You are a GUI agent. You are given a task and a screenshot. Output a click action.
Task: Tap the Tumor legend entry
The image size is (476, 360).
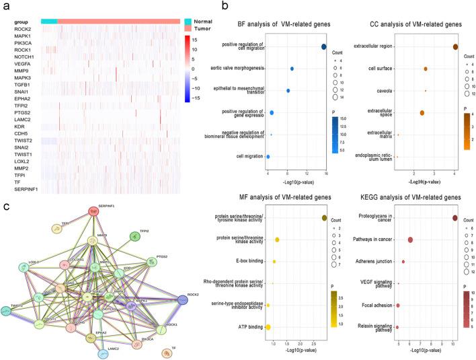(204, 29)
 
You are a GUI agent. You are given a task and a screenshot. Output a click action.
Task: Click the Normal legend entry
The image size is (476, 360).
(204, 22)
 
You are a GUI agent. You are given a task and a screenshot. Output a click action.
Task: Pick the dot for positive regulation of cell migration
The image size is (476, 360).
(324, 46)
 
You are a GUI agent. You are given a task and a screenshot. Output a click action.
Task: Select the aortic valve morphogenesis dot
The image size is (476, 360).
(292, 69)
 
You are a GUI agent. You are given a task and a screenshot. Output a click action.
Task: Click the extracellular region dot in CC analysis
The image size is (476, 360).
(455, 46)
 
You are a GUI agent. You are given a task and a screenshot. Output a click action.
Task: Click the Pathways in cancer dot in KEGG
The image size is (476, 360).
(410, 240)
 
